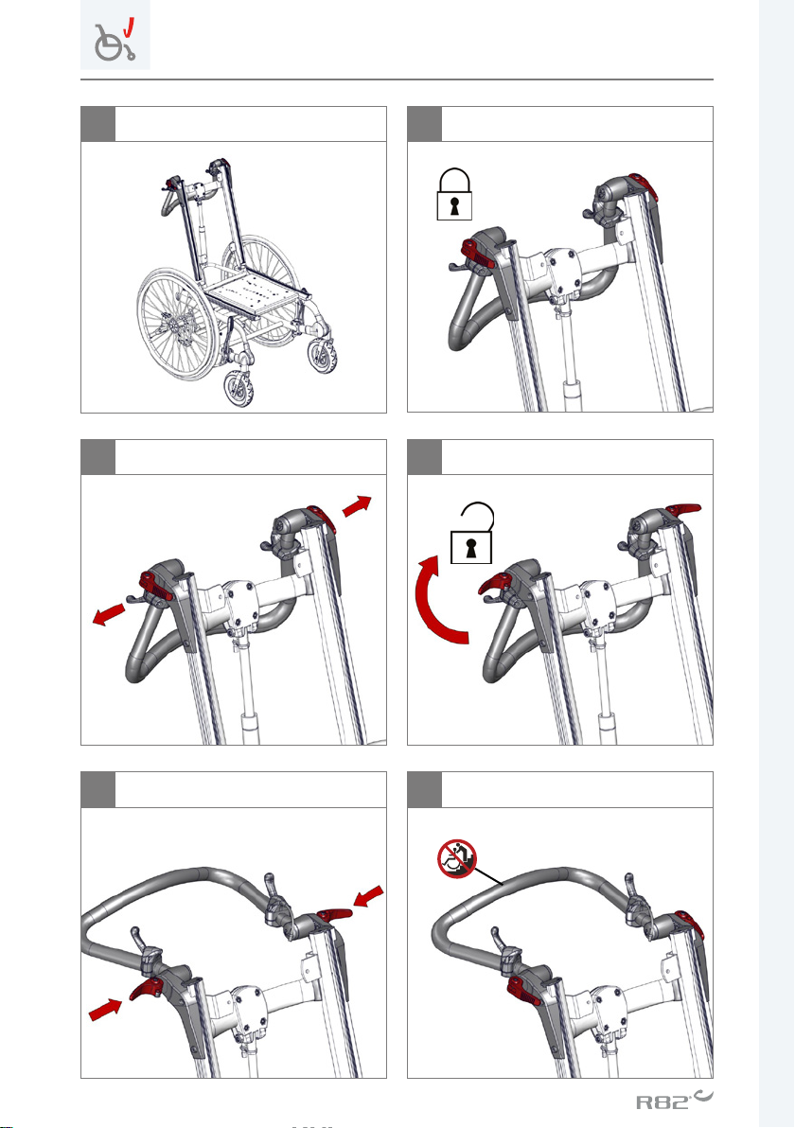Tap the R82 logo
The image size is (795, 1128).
(674, 1100)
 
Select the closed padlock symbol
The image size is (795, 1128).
(454, 194)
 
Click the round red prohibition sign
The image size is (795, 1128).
(457, 859)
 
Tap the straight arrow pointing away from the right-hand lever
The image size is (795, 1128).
(357, 505)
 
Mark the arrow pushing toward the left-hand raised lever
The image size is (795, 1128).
(105, 1009)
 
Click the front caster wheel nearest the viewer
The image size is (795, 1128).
(238, 389)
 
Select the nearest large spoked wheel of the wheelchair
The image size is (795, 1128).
(176, 325)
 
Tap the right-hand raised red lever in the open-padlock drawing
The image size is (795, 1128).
(682, 510)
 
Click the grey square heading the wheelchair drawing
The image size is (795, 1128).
(97, 124)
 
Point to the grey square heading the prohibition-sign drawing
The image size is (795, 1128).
(425, 790)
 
